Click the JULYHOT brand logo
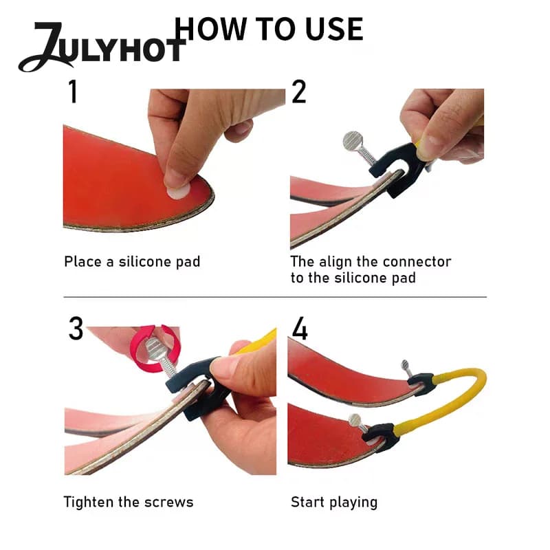[102, 47]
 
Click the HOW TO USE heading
[269, 29]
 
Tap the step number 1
[73, 91]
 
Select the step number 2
[298, 91]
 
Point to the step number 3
[76, 329]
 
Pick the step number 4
[300, 329]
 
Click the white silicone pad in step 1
[178, 191]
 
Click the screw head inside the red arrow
[154, 348]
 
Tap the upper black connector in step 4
[420, 384]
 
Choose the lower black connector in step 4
[381, 437]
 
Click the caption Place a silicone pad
[132, 262]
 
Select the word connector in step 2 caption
[417, 262]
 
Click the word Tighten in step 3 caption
[89, 503]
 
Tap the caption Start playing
[334, 503]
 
